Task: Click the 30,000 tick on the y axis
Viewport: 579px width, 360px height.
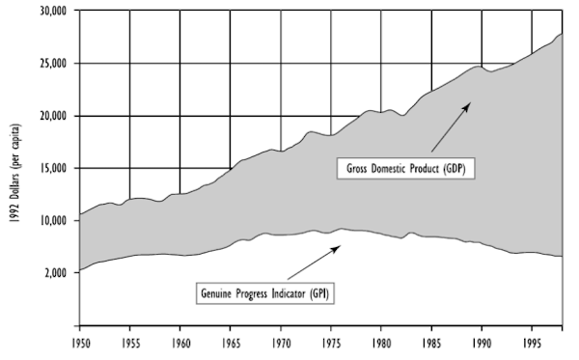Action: (52, 12)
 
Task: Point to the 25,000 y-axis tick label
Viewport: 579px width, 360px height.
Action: (52, 64)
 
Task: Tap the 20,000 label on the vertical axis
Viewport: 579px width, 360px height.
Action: (52, 116)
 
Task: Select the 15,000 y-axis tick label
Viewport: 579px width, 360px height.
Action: (52, 168)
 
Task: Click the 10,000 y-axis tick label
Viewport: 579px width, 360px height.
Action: (52, 220)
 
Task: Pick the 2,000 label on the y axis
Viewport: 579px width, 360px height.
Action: (55, 272)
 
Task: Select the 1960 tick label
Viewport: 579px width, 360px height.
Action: (180, 342)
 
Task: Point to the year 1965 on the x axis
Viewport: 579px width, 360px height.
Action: (231, 342)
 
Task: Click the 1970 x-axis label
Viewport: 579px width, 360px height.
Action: (281, 342)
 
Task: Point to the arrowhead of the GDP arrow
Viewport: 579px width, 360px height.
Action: (468, 103)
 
